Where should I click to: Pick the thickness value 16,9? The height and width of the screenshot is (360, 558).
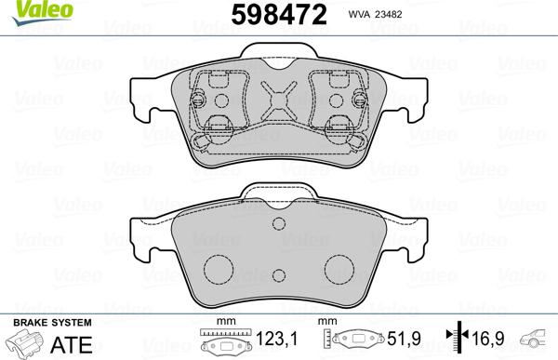tap(493, 342)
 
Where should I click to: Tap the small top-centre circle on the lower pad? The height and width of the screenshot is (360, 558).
tap(278, 226)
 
